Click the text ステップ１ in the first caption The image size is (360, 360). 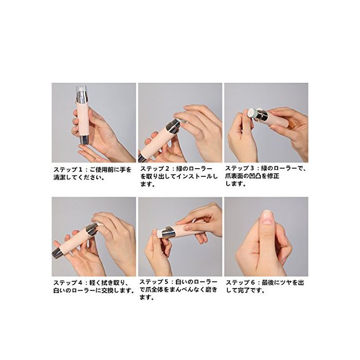point(68,169)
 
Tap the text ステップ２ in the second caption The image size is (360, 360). point(155,169)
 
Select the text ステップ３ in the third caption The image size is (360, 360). point(240,168)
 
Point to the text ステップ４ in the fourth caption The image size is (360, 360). point(68,283)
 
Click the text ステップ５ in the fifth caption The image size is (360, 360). point(154,282)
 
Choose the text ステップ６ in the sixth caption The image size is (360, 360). point(241,283)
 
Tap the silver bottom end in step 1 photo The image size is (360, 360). point(84,139)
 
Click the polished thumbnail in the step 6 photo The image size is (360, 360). point(267,217)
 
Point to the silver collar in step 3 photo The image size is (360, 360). point(262,116)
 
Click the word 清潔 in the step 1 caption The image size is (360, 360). point(60,177)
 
